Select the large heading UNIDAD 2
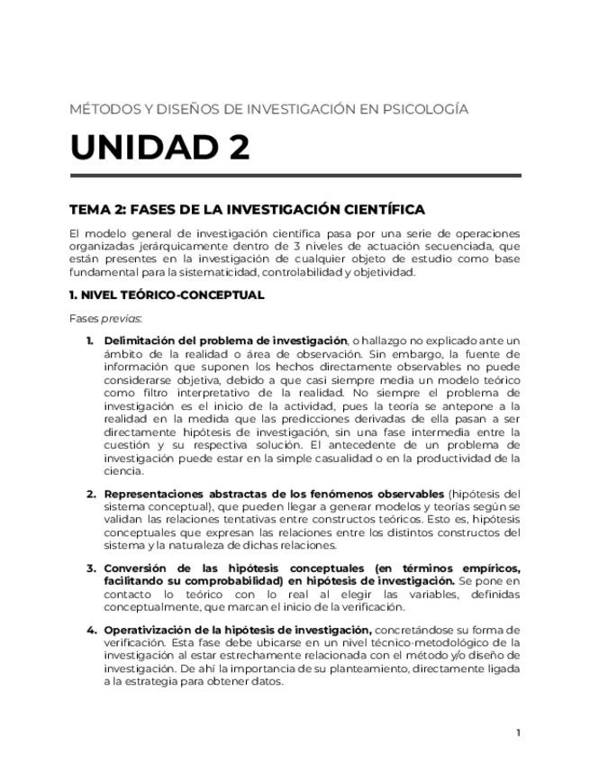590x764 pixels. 159,147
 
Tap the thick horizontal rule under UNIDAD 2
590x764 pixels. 295,176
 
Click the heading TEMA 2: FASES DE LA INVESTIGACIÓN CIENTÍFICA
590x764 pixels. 247,210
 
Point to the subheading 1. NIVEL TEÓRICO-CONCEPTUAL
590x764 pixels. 167,295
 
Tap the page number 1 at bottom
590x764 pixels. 518,732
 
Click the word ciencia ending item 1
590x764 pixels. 123,470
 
